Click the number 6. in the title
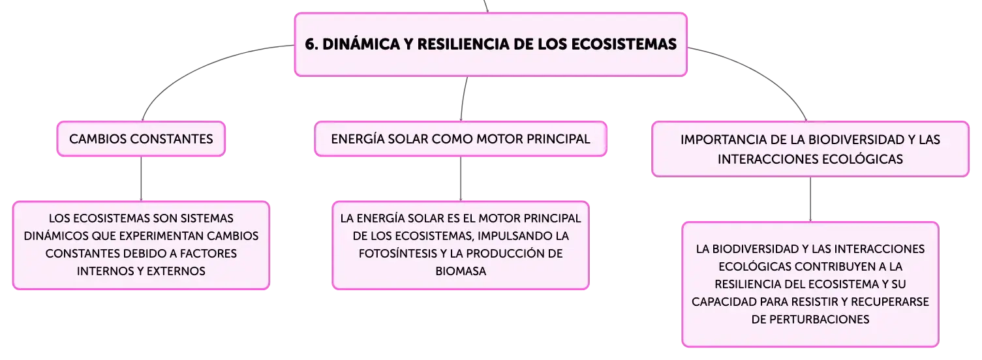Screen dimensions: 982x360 click(x=311, y=44)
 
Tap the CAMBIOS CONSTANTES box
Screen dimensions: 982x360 click(x=141, y=139)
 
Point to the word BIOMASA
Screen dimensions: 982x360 click(x=461, y=271)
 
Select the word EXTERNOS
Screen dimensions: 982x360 click(x=176, y=271)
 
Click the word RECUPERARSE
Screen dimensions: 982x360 click(x=890, y=302)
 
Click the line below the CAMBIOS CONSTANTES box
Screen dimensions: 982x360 click(x=141, y=179)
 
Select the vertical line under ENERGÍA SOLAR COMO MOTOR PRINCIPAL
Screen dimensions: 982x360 click(x=461, y=179)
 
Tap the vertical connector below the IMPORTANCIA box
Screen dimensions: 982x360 click(x=810, y=200)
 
